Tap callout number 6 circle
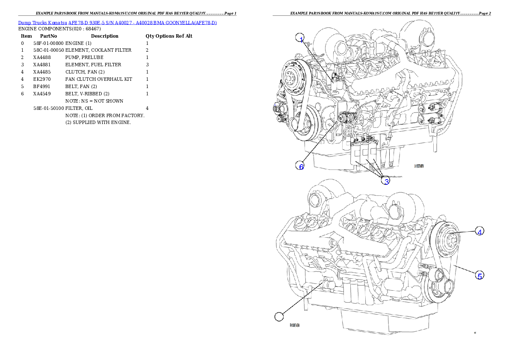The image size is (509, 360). point(301,166)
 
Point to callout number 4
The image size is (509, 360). point(480,231)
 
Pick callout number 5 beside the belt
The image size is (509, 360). point(480,276)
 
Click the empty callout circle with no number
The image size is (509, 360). point(279,317)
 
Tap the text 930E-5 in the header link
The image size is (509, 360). point(95,22)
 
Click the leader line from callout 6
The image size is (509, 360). point(321,143)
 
